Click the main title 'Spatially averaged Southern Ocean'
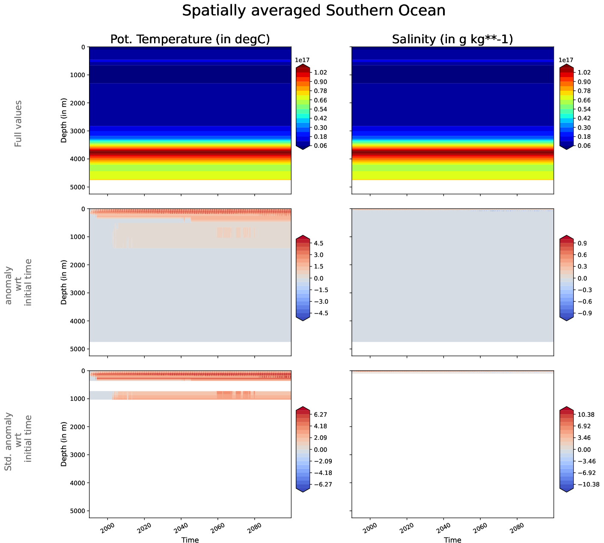pos(314,11)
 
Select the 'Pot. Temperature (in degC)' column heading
pos(190,39)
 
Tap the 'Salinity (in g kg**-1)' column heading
pos(452,39)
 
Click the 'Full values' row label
pos(18,124)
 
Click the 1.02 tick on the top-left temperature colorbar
pos(320,73)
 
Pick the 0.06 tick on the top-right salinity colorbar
pos(584,146)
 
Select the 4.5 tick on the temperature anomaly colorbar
pos(318,243)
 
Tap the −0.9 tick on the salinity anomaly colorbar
pos(582,313)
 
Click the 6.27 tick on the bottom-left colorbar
pos(320,415)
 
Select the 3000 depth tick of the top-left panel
pos(77,131)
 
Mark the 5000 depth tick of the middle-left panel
pos(77,349)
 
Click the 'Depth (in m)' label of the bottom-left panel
pos(64,444)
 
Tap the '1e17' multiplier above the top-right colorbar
pos(566,60)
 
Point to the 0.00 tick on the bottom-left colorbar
pos(320,450)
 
